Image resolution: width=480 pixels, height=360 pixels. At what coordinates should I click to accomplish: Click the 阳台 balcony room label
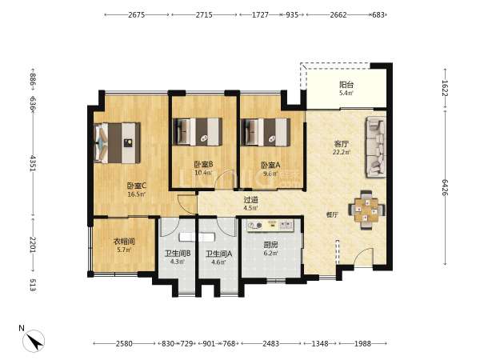pyautogui.click(x=346, y=85)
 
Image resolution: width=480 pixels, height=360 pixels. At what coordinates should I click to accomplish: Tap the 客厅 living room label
pyautogui.click(x=342, y=143)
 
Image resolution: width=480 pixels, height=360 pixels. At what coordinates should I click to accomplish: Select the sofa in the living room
pyautogui.click(x=375, y=147)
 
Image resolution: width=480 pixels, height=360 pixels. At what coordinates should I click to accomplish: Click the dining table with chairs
pyautogui.click(x=366, y=210)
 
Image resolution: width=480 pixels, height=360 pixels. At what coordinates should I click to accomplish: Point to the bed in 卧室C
pyautogui.click(x=118, y=143)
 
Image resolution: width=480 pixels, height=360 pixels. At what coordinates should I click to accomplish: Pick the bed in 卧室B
pyautogui.click(x=198, y=132)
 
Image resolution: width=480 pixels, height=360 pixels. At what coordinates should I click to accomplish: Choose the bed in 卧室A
pyautogui.click(x=266, y=132)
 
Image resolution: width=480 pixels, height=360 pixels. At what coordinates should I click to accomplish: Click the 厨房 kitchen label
pyautogui.click(x=270, y=245)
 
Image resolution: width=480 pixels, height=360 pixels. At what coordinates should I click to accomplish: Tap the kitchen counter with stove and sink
pyautogui.click(x=270, y=226)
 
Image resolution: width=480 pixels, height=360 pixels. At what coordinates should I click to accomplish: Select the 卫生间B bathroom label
pyautogui.click(x=178, y=254)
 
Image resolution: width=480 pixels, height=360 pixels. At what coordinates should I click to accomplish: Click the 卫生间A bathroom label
pyautogui.click(x=218, y=254)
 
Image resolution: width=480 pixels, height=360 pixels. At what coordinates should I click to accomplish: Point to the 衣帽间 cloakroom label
pyautogui.click(x=124, y=242)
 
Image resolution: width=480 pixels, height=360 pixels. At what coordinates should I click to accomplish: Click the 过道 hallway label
pyautogui.click(x=250, y=200)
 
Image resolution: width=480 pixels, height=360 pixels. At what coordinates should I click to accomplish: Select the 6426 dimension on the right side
pyautogui.click(x=445, y=188)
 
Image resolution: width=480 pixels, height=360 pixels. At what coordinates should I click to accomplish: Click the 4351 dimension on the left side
pyautogui.click(x=33, y=163)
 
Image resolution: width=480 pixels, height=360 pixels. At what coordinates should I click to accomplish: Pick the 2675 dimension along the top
pyautogui.click(x=137, y=14)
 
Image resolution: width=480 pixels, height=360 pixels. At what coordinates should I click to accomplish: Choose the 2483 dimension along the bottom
pyautogui.click(x=271, y=343)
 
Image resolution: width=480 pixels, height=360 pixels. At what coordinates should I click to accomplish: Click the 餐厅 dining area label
pyautogui.click(x=332, y=215)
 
